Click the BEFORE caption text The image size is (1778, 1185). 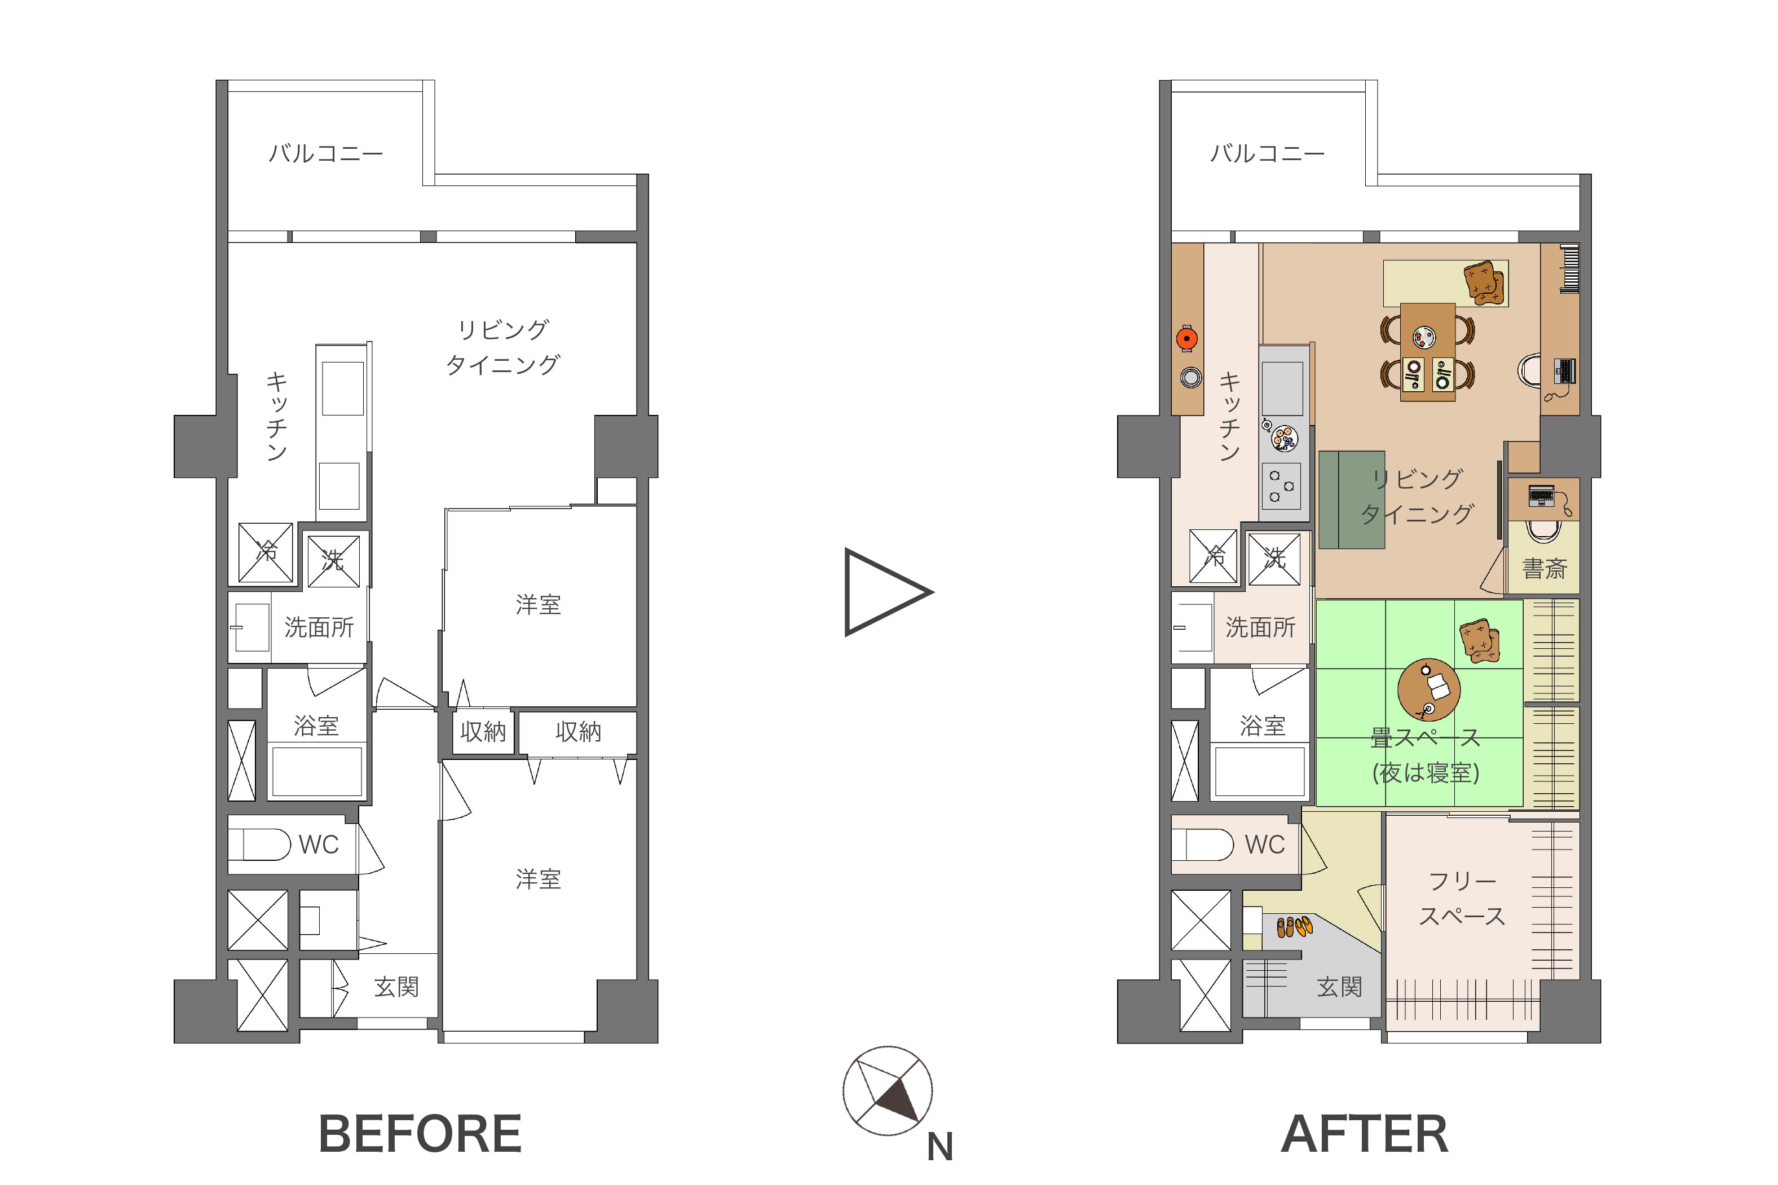point(420,1134)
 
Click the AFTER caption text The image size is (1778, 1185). point(1365,1134)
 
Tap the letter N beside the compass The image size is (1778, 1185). point(939,1147)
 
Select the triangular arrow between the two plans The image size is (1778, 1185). point(886,592)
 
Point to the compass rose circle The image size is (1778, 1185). point(888,1090)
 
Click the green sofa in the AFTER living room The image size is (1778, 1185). point(1352,499)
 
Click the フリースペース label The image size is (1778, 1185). point(1462,899)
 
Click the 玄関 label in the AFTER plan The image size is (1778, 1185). point(1339,987)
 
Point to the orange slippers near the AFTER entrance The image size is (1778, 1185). point(1294,927)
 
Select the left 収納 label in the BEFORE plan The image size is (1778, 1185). point(482,732)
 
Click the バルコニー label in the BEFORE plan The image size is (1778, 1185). point(326,154)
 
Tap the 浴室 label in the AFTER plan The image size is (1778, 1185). point(1263,726)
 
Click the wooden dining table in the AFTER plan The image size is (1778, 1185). point(1427,351)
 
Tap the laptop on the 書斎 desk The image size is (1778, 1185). point(1541,496)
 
